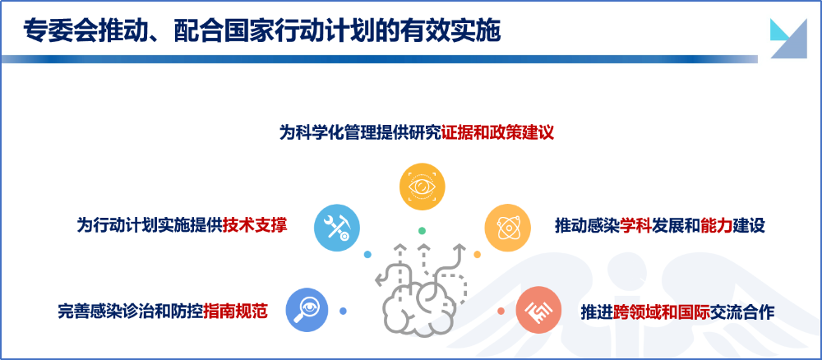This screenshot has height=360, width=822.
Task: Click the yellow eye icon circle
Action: click(x=422, y=187)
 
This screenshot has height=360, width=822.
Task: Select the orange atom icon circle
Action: click(x=507, y=228)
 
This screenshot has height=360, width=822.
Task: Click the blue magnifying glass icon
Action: click(x=307, y=310)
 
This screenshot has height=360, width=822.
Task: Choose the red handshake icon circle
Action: click(x=538, y=310)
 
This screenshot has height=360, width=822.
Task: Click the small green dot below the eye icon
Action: click(x=422, y=231)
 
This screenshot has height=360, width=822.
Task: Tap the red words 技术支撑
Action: click(x=255, y=225)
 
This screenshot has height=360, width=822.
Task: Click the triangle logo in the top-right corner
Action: click(x=788, y=39)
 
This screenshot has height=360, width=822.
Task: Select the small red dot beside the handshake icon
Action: click(x=501, y=311)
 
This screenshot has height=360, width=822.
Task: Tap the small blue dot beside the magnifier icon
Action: click(x=343, y=311)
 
